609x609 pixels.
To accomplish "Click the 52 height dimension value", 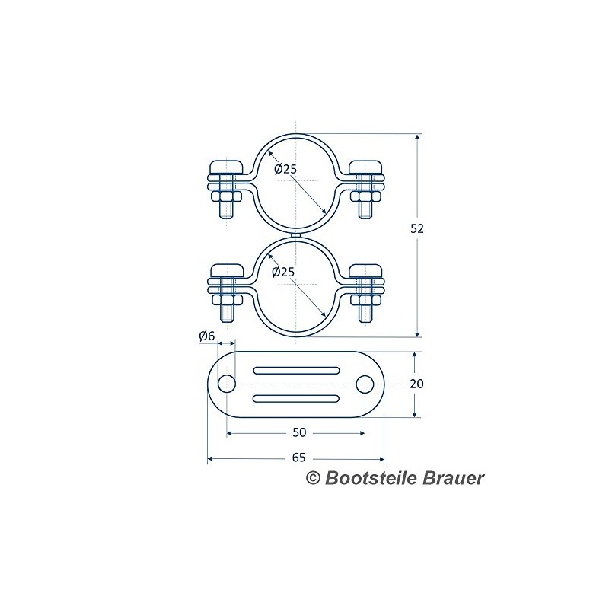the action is [417, 229].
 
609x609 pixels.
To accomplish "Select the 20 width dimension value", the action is [416, 384].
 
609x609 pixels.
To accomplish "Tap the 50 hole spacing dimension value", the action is [299, 432].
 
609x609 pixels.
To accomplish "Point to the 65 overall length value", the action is [298, 458].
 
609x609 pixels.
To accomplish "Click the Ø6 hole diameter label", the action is [206, 336].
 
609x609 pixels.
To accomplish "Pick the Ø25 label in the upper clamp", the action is [285, 169].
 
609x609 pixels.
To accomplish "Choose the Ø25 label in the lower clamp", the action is [283, 273].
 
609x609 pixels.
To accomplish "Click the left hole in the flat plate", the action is [226, 384].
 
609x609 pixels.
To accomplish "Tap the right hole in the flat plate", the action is [365, 384].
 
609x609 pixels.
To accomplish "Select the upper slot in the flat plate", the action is [296, 370].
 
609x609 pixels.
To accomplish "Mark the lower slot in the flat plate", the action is [296, 398].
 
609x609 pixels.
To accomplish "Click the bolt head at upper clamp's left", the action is [226, 167].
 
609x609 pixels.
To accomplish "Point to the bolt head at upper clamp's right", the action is [365, 167].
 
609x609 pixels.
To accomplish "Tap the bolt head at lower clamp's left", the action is [226, 271].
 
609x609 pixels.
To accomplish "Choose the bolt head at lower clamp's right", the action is [365, 271].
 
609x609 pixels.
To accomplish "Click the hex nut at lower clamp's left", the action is [226, 300].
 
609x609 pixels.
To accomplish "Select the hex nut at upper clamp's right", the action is [365, 196].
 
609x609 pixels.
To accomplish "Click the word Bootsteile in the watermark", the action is [371, 478].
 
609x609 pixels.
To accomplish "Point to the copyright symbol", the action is [313, 478].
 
